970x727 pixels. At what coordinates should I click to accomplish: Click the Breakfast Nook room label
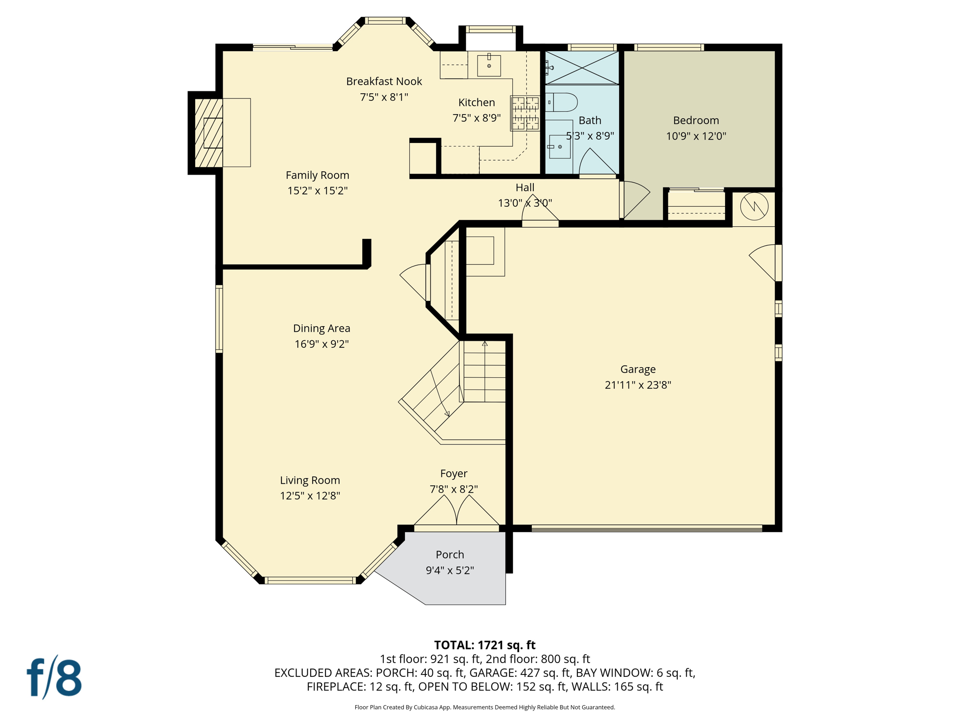point(384,81)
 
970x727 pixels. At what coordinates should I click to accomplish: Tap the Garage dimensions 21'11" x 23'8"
point(638,385)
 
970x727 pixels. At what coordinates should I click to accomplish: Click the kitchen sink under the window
point(489,65)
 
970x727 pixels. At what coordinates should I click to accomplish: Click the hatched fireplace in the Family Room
point(209,133)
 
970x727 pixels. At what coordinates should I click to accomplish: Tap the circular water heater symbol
point(754,206)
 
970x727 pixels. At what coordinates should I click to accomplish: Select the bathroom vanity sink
point(559,147)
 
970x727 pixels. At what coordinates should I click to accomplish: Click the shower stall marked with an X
point(582,68)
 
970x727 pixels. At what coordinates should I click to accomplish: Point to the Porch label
point(449,554)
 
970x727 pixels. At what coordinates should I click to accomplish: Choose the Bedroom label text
point(696,120)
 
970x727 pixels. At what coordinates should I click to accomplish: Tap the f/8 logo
point(54,678)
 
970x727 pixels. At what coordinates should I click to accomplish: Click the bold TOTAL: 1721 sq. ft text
point(485,645)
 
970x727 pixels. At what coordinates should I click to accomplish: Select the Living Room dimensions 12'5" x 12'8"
point(310,496)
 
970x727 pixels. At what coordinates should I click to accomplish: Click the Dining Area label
point(322,328)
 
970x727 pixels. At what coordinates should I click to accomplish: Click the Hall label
point(525,187)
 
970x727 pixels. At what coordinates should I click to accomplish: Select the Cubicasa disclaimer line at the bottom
point(485,707)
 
